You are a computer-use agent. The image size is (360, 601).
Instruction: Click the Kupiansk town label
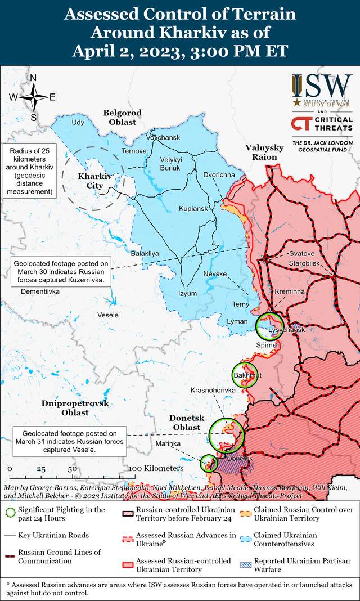pyautogui.click(x=193, y=209)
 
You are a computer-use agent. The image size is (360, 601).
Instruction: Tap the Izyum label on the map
pyautogui.click(x=187, y=293)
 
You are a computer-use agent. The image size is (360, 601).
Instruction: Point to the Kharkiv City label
pyautogui.click(x=94, y=181)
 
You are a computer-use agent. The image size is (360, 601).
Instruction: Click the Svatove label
pyautogui.click(x=302, y=254)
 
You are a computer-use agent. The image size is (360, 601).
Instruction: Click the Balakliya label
pyautogui.click(x=145, y=254)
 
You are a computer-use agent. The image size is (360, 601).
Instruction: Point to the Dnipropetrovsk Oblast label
pyautogui.click(x=75, y=408)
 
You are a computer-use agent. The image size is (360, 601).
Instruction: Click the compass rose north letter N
pyautogui.click(x=33, y=78)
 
